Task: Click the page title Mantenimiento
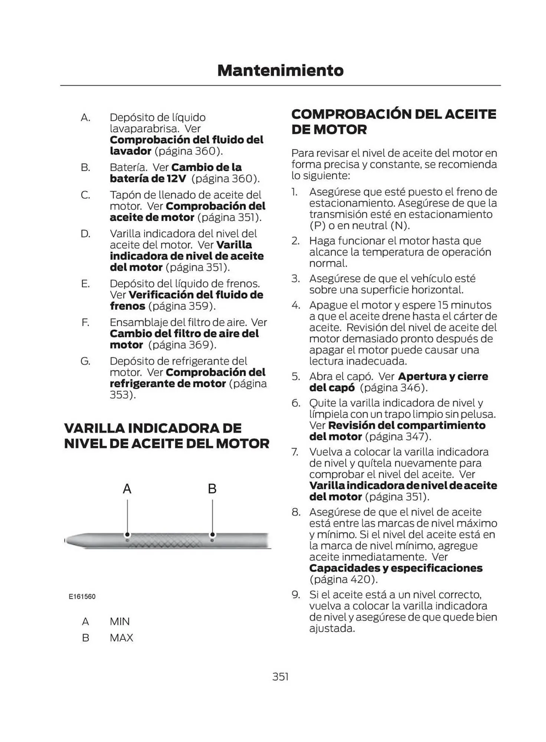[280, 70]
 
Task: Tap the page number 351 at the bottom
[280, 676]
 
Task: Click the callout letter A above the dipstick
[127, 489]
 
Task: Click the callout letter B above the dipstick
[212, 489]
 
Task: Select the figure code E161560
[82, 597]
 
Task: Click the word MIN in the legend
[120, 621]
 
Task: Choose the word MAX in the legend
[121, 638]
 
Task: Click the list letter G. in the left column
[85, 361]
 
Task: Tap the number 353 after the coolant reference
[121, 395]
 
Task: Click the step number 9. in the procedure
[295, 595]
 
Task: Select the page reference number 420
[360, 579]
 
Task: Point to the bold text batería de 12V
[148, 178]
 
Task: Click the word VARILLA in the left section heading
[94, 428]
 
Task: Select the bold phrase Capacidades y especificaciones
[396, 568]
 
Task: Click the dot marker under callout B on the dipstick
[212, 535]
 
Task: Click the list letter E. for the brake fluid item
[85, 284]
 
